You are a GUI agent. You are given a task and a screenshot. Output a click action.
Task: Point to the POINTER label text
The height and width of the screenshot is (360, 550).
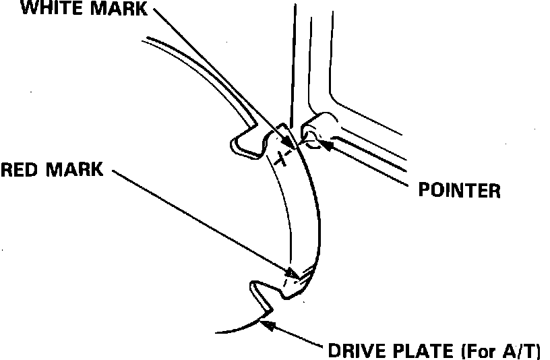pos(460,191)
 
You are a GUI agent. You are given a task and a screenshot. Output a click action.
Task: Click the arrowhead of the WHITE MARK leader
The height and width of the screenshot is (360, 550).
pos(289,144)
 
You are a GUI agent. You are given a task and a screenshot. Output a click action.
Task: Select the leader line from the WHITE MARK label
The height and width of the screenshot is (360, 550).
pos(222,78)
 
